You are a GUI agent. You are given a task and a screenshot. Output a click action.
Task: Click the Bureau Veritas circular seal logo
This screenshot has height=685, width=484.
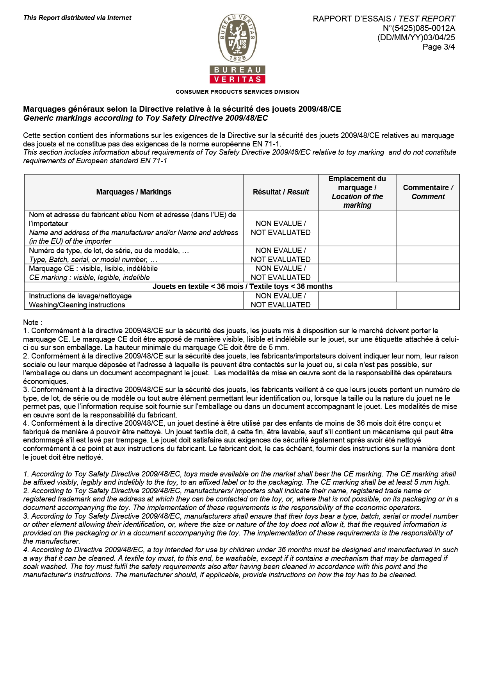click(237, 38)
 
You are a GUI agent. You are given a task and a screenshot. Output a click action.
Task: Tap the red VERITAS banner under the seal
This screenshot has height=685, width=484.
click(237, 79)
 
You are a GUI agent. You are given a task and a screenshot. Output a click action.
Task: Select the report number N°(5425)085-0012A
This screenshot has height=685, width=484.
click(419, 28)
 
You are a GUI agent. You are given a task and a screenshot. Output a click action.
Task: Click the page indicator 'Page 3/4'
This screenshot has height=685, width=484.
click(438, 47)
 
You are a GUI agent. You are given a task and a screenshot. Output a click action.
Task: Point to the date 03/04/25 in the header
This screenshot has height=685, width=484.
click(439, 37)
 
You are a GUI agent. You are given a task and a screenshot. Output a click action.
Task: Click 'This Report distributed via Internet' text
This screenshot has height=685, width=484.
click(77, 18)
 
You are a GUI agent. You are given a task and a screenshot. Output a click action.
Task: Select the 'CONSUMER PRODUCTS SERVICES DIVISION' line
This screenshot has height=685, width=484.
click(237, 92)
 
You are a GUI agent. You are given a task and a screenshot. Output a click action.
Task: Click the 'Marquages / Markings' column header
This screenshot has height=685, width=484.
click(133, 192)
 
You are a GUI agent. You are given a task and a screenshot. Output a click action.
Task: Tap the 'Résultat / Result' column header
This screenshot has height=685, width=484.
click(281, 192)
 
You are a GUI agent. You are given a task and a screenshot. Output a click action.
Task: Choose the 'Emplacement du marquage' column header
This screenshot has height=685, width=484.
click(357, 192)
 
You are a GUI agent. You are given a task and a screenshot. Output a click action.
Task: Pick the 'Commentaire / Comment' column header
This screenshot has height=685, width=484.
click(428, 192)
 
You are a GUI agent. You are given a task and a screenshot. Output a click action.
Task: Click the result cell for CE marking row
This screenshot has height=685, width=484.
click(281, 273)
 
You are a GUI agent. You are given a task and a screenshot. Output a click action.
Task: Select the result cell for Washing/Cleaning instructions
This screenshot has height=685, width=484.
click(281, 300)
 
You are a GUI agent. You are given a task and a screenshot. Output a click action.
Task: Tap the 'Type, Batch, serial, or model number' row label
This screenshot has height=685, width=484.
click(93, 260)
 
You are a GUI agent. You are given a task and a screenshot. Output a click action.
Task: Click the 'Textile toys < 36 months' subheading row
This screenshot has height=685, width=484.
click(242, 286)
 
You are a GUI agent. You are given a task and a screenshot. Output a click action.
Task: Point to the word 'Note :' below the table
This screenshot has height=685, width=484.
click(33, 322)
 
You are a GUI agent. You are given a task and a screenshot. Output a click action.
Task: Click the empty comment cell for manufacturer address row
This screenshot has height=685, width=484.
click(428, 228)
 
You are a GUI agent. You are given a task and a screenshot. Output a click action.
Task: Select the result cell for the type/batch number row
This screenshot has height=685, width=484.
click(281, 255)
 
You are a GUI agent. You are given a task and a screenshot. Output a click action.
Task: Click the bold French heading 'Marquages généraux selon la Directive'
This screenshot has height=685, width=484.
click(182, 109)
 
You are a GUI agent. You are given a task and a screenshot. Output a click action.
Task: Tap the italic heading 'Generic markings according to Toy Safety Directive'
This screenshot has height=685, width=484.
click(146, 118)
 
